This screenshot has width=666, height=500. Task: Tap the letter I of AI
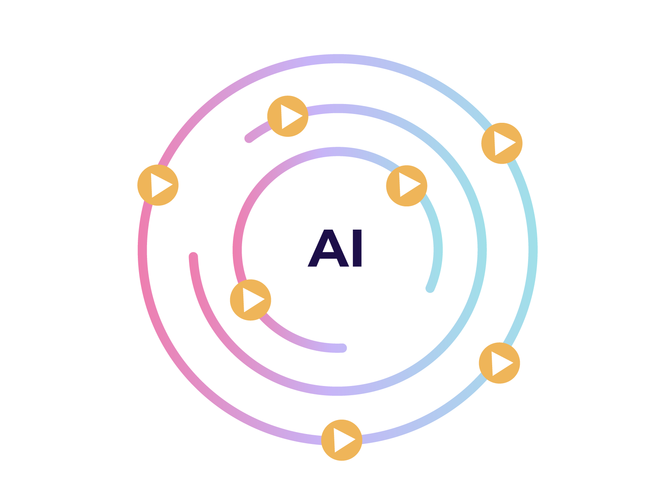[x=357, y=248]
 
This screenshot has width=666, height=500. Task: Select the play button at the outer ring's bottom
[x=342, y=440]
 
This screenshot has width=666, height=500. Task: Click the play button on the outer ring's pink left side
[x=158, y=185]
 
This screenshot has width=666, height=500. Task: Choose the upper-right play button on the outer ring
[x=502, y=143]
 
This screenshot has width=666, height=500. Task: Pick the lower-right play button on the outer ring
[x=499, y=363]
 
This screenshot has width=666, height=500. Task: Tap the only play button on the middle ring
[x=288, y=116]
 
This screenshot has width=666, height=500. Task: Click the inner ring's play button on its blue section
[x=407, y=186]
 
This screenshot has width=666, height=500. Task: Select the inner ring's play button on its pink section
[x=250, y=300]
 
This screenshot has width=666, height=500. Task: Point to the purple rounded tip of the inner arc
[x=342, y=348]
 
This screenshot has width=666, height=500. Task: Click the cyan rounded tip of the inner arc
[x=430, y=288]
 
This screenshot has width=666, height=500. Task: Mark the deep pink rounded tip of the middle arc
[x=193, y=256]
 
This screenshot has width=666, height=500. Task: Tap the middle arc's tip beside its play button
[x=249, y=138]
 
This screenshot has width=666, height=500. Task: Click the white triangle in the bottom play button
[x=343, y=440]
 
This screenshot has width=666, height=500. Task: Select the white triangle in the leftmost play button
[x=159, y=185]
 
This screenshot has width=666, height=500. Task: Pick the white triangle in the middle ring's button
[x=289, y=116]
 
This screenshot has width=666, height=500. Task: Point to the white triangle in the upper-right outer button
[x=503, y=143]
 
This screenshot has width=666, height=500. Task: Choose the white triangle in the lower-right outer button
[x=501, y=363]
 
